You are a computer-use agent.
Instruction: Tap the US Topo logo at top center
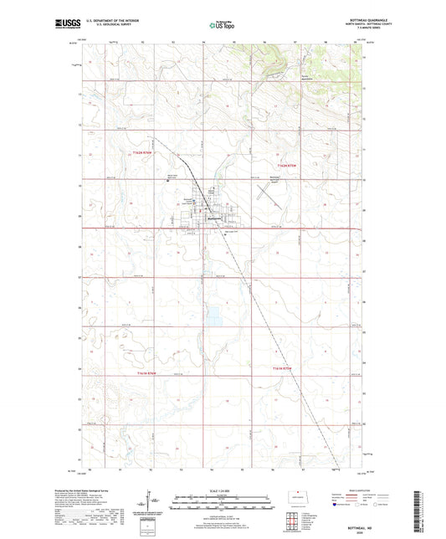pos(218,26)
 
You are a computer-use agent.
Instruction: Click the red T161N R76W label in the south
pos(285,369)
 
